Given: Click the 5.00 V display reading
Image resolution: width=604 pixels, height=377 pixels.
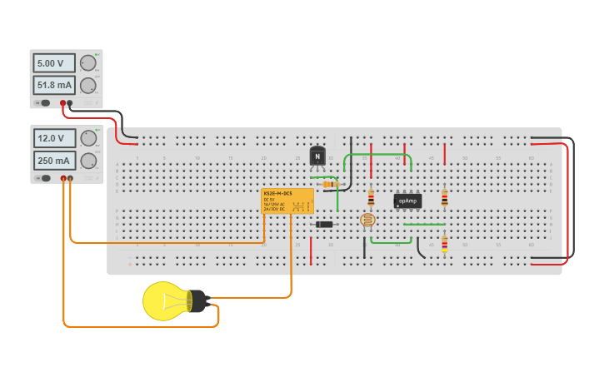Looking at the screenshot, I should click(53, 63).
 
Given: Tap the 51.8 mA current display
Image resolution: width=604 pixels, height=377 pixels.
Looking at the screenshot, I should click(53, 85).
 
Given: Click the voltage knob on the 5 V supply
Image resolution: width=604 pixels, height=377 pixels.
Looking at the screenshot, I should click(87, 63).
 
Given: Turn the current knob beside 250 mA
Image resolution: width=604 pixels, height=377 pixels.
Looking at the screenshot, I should click(88, 161).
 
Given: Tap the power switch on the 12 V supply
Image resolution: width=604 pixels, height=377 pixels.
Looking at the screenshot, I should click(45, 178).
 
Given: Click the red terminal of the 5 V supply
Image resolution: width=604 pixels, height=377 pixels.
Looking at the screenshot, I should click(62, 103).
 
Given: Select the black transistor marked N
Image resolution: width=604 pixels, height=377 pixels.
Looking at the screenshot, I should click(317, 156).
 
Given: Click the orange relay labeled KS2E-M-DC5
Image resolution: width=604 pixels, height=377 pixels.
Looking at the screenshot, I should click(287, 201).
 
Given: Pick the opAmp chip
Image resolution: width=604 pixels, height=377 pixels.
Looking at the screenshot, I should click(407, 201).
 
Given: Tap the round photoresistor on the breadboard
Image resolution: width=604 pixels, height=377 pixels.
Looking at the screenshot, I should click(367, 221).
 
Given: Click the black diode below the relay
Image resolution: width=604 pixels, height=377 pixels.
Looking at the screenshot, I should click(325, 224).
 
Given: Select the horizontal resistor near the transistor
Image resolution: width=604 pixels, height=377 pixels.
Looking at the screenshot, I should click(331, 184).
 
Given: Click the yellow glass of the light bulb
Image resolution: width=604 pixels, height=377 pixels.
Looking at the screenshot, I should click(163, 301).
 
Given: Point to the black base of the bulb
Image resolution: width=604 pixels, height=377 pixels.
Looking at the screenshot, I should click(197, 301).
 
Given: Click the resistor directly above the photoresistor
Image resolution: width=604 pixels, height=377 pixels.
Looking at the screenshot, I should click(371, 198).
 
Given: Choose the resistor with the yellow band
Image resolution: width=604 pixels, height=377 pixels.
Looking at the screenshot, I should click(444, 244).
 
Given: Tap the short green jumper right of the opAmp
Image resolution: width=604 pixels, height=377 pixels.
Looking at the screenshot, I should click(424, 224).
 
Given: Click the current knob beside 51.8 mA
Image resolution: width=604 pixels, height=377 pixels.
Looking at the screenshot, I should click(87, 85).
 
